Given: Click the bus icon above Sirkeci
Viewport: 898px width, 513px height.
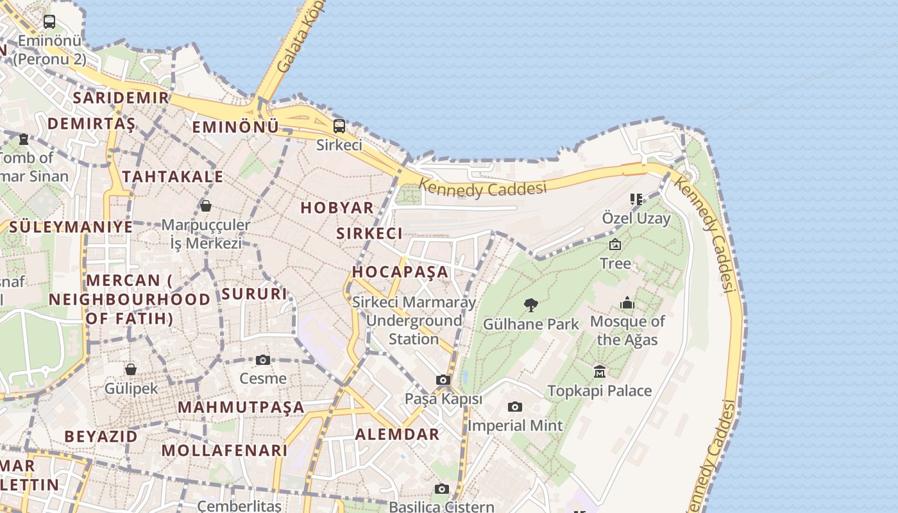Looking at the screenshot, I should (339, 126).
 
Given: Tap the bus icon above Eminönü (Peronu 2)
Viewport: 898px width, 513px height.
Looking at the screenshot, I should (49, 21).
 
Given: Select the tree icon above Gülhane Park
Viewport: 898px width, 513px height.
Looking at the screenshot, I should (530, 305).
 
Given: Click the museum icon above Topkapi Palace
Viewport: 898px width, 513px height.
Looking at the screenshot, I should (600, 371).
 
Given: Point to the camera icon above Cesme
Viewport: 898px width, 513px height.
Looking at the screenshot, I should (262, 360).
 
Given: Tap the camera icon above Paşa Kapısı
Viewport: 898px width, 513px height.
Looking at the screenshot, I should (443, 380).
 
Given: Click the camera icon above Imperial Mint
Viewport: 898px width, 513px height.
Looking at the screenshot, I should (514, 407).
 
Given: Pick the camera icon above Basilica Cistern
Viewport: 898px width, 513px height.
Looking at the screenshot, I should (441, 489).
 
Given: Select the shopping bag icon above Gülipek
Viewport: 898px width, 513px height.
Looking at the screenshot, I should (131, 369).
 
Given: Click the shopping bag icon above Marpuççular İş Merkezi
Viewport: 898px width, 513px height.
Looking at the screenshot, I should (206, 206).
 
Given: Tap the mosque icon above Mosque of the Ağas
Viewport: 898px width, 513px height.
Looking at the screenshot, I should (627, 303).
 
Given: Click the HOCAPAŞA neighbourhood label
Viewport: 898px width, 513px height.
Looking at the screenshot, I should (400, 271).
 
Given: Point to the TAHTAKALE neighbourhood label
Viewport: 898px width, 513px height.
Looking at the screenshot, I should (173, 176).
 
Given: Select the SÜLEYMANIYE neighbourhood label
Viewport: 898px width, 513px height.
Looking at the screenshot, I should (71, 226).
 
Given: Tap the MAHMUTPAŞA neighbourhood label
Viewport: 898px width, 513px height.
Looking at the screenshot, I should (241, 407).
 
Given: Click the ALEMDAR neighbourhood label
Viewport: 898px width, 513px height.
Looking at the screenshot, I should (398, 434).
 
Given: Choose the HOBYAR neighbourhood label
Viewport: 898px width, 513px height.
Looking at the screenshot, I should (337, 207).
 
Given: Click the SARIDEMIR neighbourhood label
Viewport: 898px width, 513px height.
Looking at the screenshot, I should (121, 97).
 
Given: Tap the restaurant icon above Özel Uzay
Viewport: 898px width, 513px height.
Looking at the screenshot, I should (636, 199).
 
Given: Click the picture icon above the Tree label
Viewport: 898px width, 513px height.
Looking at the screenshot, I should (615, 244).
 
